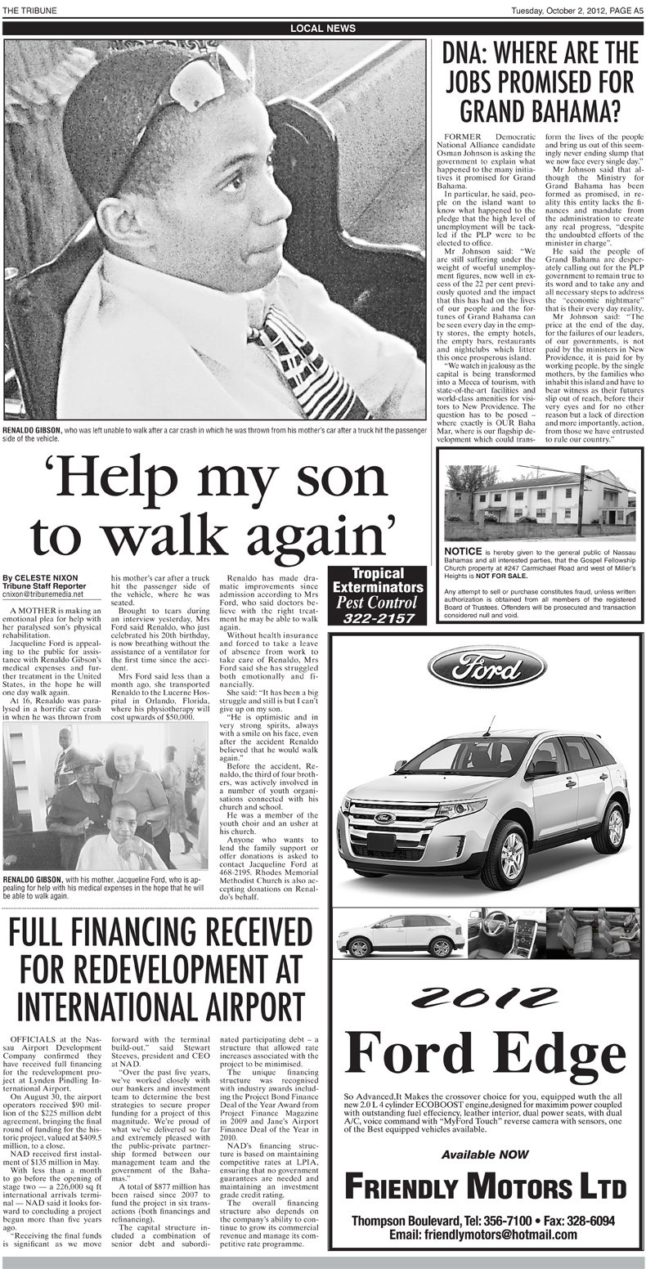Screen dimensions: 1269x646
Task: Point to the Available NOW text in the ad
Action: coord(487,1154)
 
